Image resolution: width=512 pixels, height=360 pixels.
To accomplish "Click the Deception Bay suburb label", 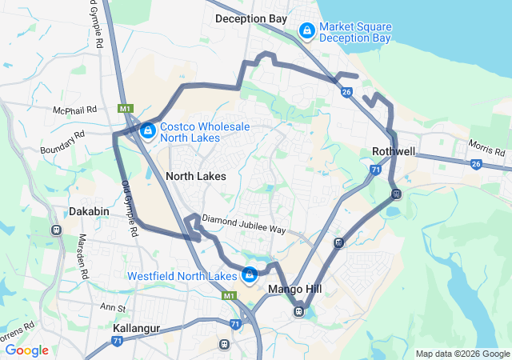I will [251, 18].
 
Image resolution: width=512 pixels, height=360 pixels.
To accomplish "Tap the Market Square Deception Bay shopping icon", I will [306, 30].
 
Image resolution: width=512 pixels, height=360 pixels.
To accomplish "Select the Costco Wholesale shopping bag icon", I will [147, 130].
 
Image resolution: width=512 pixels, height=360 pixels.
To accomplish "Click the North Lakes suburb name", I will [196, 176].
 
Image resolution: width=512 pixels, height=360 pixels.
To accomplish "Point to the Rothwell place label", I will [394, 152].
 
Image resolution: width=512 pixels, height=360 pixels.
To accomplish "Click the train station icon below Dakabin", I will [56, 230].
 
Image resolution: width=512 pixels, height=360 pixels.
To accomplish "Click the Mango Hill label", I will [294, 289].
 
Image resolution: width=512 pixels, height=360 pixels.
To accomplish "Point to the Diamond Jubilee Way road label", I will [243, 224].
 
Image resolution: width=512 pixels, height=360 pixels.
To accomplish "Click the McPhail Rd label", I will [74, 109].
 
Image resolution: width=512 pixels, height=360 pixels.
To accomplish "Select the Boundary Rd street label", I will [62, 143].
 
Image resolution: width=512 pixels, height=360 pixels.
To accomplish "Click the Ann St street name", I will [114, 307].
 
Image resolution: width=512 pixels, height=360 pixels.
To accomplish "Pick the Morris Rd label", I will [487, 149].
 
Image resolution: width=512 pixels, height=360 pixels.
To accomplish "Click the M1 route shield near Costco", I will [124, 108].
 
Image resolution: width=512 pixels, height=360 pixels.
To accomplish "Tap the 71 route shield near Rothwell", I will [375, 170].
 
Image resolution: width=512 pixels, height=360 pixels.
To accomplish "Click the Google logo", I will [27, 350].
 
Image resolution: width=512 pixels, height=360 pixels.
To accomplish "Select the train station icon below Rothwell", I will [395, 194].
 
